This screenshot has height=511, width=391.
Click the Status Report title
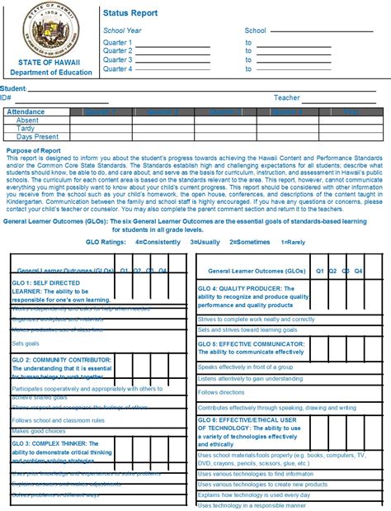[130, 14]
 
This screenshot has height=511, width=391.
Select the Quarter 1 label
[117, 41]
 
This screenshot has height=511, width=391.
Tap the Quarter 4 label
[117, 69]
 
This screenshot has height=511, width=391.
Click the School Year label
[123, 30]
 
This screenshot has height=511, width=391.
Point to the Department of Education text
[51, 73]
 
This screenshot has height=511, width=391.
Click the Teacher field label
[287, 97]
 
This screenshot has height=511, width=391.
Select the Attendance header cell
[26, 111]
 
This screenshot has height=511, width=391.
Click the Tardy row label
[27, 128]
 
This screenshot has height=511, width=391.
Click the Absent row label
[27, 120]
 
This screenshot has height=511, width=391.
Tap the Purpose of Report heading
[33, 151]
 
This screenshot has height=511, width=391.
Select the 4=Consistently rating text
[158, 243]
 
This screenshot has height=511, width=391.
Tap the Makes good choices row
[38, 431]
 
